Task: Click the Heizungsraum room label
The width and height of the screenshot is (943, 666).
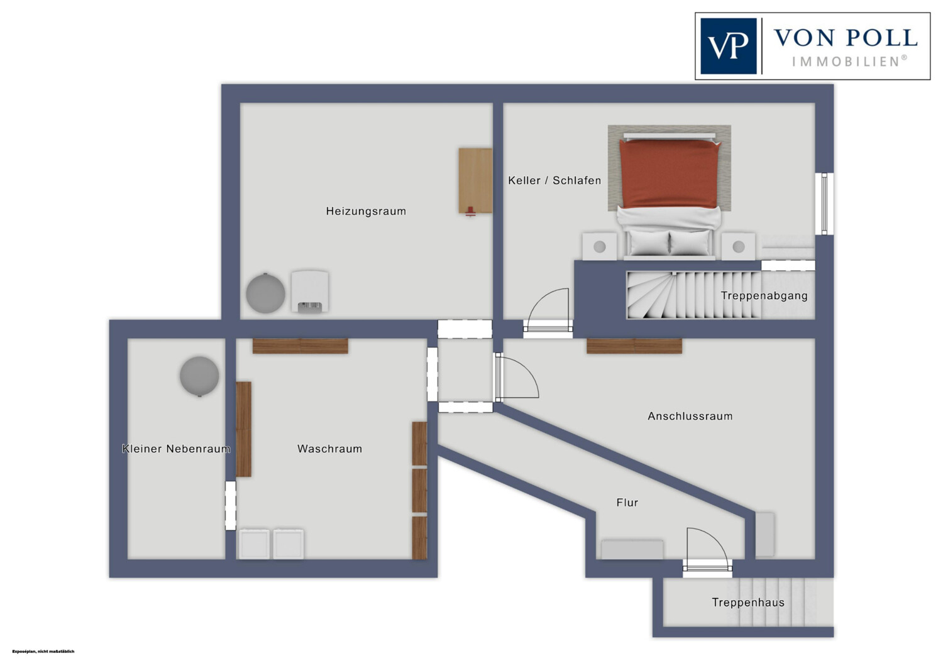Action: [366, 211]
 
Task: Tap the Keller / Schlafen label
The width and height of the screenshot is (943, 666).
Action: [554, 180]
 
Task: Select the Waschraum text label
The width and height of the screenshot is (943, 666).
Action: [329, 449]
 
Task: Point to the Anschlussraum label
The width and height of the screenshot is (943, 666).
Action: [690, 416]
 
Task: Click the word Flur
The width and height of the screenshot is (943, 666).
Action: [627, 503]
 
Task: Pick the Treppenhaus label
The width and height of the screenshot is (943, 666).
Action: [748, 603]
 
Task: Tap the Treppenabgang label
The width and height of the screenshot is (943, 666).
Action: [764, 296]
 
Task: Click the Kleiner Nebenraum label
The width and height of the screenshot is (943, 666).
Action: [176, 449]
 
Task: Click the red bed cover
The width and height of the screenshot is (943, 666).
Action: [670, 174]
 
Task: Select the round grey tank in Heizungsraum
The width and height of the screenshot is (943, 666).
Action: [266, 293]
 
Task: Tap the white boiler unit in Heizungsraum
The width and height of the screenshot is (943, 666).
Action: [310, 292]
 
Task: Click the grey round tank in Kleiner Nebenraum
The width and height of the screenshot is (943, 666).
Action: [199, 376]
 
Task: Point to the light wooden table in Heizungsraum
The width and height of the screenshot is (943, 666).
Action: [475, 180]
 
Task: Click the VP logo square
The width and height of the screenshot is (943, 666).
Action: [728, 46]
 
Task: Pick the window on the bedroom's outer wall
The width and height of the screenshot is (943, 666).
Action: [824, 204]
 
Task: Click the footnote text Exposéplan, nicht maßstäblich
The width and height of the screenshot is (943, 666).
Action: [43, 652]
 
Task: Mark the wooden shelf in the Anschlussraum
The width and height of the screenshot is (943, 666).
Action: [634, 346]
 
